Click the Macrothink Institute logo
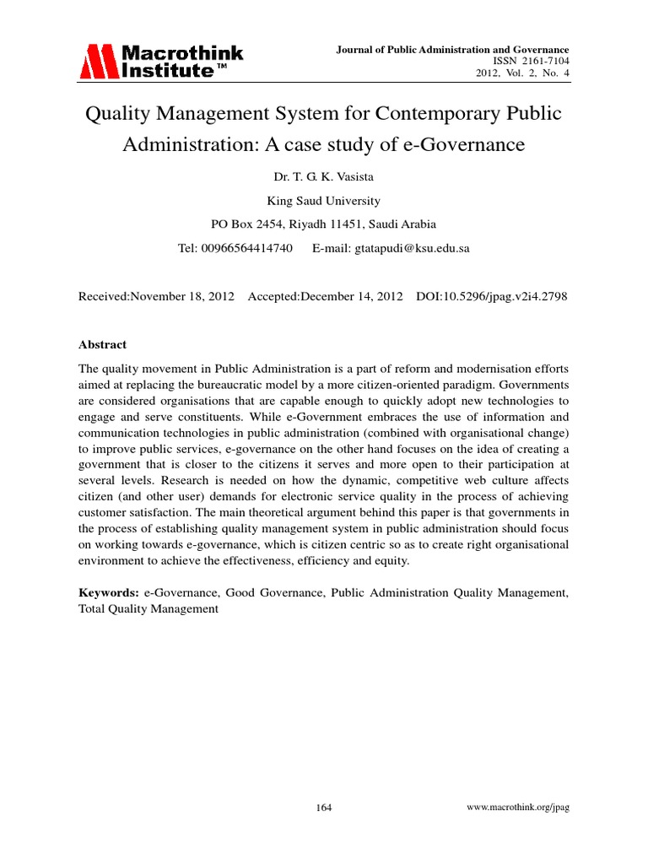pos(160,62)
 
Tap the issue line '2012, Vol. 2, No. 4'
pos(523,75)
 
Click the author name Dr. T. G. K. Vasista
pos(323,178)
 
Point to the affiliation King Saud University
pos(323,201)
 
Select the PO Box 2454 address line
pos(323,224)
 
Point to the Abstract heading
pos(102,344)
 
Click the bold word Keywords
pos(109,593)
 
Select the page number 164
pos(324,807)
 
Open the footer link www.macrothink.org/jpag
pos(518,807)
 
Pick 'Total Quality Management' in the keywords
pos(148,609)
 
